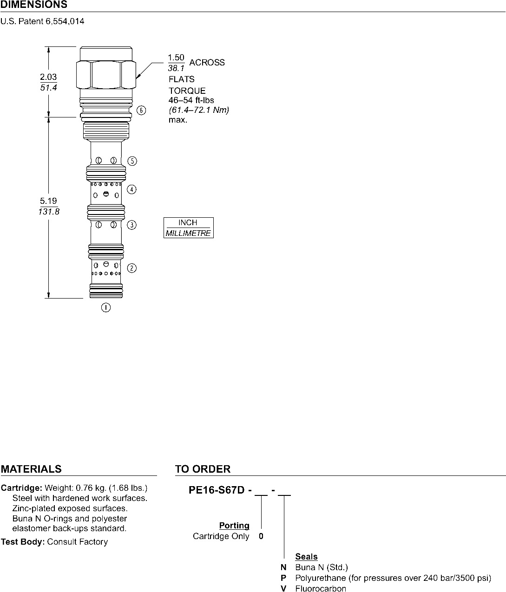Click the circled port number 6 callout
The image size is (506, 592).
141,110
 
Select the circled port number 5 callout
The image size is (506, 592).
132,161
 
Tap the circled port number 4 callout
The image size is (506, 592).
131,189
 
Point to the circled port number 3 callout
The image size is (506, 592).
131,225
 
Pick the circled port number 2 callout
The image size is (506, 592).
131,268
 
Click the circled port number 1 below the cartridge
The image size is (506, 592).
106,307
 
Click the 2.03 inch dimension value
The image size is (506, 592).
48,77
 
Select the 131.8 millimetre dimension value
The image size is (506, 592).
49,212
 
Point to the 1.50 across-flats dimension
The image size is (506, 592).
176,58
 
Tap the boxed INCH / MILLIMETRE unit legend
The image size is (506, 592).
188,228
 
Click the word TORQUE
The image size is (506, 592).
187,91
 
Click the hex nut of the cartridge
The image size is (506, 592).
106,74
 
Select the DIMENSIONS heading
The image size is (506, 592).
34,5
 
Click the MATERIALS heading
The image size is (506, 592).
31,469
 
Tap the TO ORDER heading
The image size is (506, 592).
203,469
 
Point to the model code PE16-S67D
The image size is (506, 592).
217,490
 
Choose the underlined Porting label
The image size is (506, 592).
234,525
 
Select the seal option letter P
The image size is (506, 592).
283,578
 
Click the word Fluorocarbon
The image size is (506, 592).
321,588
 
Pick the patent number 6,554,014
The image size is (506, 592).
65,21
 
